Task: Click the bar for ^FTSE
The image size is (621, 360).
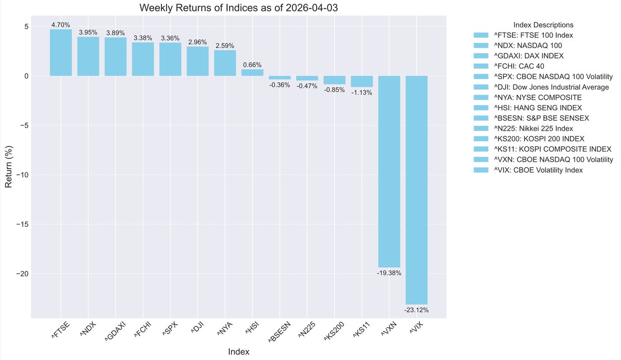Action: pos(61,53)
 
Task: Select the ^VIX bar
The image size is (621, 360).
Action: pos(416,190)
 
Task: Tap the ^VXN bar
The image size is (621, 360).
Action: pos(389,171)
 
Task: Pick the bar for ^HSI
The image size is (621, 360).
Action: pos(252,73)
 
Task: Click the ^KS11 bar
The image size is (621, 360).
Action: pos(361,81)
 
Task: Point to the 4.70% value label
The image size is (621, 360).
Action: pos(61,24)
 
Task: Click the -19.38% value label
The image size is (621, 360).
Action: pos(389,273)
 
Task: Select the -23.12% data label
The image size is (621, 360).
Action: pos(416,310)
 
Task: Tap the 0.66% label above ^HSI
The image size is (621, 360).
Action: pos(252,65)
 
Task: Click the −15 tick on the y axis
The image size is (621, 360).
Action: pos(21,224)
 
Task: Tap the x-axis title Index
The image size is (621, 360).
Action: pos(239,352)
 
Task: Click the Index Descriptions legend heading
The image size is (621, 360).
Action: pos(543,25)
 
